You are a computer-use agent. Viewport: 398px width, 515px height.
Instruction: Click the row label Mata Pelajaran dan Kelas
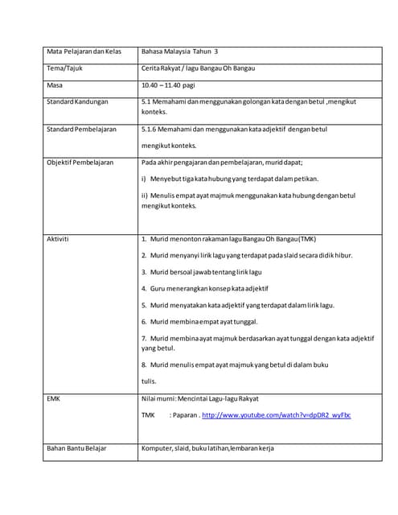[x=84, y=51]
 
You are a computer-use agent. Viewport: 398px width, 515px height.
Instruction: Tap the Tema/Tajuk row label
[x=65, y=68]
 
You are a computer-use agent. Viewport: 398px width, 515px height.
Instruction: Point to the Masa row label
[x=55, y=85]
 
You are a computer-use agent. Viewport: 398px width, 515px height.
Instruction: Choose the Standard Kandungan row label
[x=77, y=102]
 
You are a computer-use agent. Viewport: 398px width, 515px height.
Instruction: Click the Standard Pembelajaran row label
[x=82, y=129]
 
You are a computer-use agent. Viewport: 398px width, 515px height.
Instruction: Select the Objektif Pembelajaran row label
[x=80, y=162]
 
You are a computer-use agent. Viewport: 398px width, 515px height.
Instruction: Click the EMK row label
[x=54, y=398]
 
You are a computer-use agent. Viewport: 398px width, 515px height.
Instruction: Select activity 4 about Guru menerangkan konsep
[x=205, y=287]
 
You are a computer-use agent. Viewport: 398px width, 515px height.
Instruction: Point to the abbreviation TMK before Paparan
[x=149, y=415]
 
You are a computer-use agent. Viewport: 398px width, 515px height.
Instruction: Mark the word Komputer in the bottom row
[x=156, y=447]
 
